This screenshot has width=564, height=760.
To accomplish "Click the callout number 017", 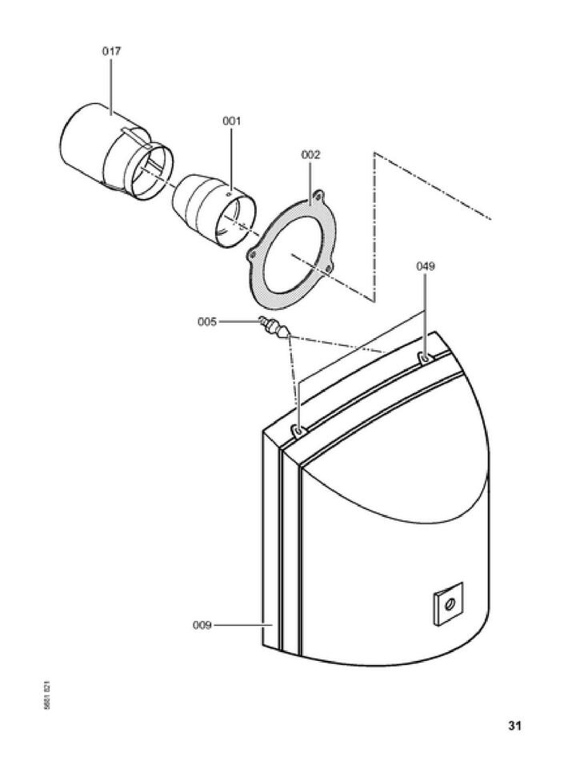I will point(111,51).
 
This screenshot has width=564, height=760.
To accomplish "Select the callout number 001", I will point(231,121).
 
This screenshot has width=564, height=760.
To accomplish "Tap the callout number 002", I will point(310,155).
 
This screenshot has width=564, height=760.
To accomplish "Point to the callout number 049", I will point(425,267).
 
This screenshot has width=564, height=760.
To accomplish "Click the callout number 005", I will point(207,322).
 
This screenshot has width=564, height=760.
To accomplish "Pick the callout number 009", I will point(202,626).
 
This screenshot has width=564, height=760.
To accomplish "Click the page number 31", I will point(514,726).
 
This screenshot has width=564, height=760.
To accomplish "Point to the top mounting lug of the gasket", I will point(319,194).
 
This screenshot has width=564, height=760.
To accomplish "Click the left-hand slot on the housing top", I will point(298,432).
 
